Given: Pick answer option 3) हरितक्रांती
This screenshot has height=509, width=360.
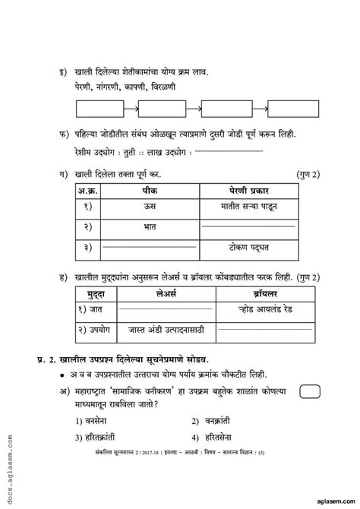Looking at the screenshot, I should pos(98,438).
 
